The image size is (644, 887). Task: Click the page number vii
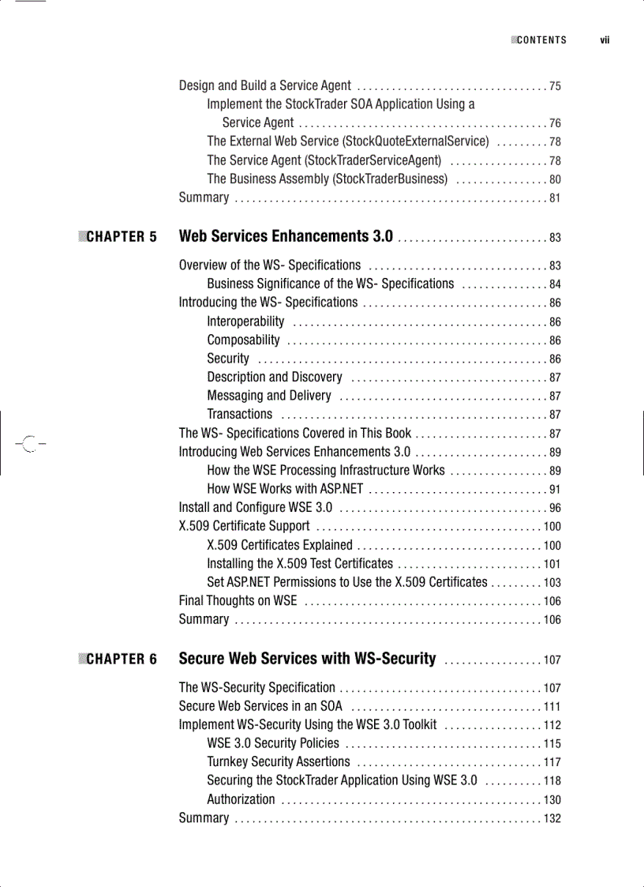click(605, 40)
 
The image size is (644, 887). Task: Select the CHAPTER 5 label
click(121, 237)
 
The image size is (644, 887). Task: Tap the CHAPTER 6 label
click(121, 660)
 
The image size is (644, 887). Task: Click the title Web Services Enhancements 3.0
click(286, 236)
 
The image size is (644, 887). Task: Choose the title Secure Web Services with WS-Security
click(307, 659)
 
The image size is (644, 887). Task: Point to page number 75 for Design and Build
click(555, 86)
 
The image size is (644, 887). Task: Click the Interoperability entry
click(245, 321)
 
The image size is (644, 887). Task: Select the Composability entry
click(243, 340)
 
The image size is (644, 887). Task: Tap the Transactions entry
click(239, 415)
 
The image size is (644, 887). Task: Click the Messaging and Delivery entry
click(269, 396)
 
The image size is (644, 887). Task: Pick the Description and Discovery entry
click(275, 378)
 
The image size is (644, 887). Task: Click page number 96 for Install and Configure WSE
click(555, 509)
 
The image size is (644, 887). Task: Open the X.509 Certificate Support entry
click(244, 526)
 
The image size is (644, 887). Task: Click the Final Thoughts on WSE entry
click(238, 601)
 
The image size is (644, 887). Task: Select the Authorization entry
click(241, 799)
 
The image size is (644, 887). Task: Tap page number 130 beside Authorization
click(552, 800)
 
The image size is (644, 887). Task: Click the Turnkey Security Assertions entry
click(278, 762)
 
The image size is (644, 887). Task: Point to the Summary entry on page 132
click(204, 818)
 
